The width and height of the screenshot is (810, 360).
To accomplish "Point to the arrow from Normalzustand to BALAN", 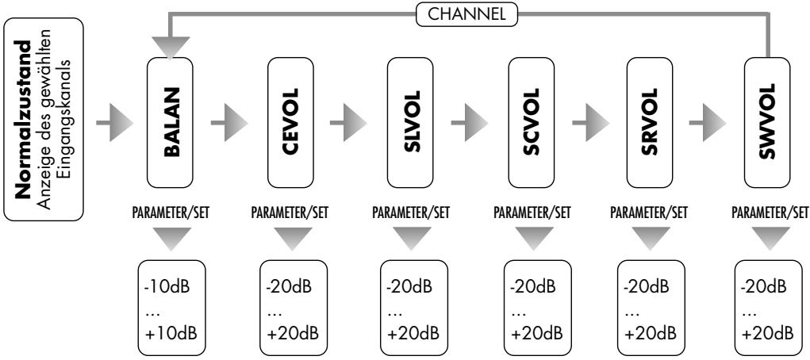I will pos(110,123).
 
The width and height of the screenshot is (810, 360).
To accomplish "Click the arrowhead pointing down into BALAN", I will pos(169,47).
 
